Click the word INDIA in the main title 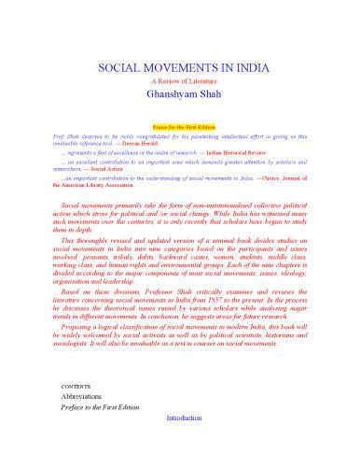tap(237, 68)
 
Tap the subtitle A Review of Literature tap(180, 83)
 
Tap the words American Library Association tap(89, 187)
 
